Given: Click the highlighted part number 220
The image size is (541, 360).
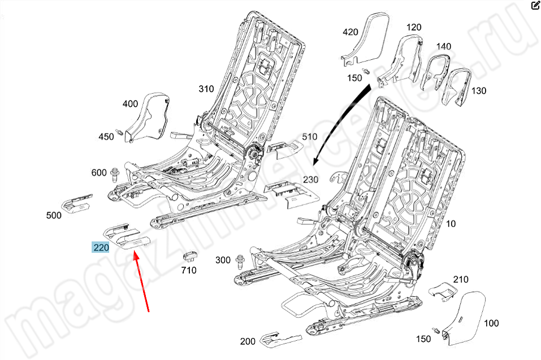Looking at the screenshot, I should tap(101, 248).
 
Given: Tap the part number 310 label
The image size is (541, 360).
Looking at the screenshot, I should tap(206, 89).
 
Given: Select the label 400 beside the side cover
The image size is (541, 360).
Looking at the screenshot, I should tap(130, 104).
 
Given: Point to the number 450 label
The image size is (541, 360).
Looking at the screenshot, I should tap(106, 136).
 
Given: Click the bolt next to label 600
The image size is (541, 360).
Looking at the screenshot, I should tap(115, 173).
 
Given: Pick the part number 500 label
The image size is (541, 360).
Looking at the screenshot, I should tap(54, 215).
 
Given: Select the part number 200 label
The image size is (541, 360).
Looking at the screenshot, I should tap(248, 341).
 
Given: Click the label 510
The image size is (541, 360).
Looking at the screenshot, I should tap(309, 137).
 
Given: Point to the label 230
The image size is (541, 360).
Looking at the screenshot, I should tap(311, 180).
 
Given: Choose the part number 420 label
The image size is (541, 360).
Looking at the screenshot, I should tap(350, 32).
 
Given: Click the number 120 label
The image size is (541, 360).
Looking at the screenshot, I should tap(414, 27).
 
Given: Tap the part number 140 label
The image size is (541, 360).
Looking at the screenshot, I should tap(443, 46).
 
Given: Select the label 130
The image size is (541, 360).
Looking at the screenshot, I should tap(478, 90).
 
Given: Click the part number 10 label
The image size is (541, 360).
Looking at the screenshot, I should tap(451, 224).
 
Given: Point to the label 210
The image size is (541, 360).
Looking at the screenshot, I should tap(461, 279).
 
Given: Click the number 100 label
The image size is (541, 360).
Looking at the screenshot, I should tap(491, 323).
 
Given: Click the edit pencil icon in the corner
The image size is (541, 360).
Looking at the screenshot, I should tap(535, 6).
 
